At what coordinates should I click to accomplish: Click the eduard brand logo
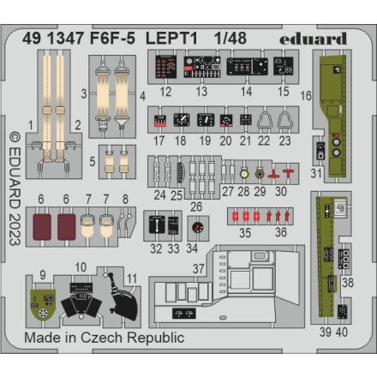click(x=312, y=39)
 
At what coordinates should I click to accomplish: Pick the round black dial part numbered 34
click(x=199, y=227)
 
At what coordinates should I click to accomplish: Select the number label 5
click(x=92, y=159)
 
